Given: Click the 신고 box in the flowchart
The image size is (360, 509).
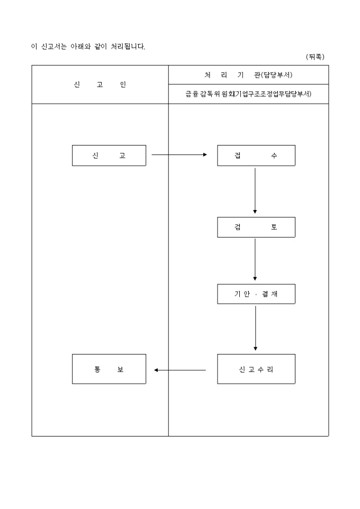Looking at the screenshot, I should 109,156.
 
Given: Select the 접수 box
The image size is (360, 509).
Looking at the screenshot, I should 256,156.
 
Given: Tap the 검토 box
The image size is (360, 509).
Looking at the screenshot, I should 256,227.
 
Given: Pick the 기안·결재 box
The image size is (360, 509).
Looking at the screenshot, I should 256,294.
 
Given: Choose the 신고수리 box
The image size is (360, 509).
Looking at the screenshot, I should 256,369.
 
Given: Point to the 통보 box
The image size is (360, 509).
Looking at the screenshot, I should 109,369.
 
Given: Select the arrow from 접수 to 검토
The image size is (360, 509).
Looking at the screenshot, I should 255,190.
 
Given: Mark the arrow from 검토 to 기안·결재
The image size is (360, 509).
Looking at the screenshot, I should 255,259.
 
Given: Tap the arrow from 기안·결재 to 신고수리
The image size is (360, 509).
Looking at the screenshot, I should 255,328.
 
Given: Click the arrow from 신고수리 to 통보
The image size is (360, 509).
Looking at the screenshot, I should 180,370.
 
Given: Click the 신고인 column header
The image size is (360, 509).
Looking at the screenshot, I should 100,85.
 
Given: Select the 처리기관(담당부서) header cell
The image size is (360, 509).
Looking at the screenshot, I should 248,75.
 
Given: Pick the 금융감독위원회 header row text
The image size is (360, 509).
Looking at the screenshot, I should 248,94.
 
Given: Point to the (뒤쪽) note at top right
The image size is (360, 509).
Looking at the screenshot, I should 315,57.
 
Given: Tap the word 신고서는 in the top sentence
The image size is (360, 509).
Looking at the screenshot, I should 53,47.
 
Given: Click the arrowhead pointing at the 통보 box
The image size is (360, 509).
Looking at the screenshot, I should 156,370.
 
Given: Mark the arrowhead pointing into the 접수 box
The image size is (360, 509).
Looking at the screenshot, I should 205,155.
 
